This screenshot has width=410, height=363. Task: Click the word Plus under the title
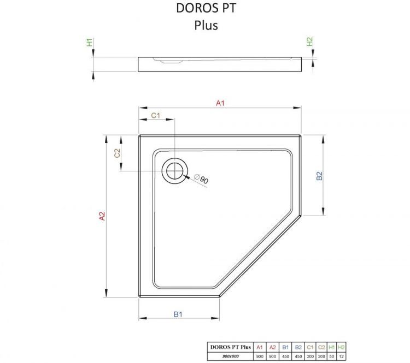pyautogui.click(x=206, y=25)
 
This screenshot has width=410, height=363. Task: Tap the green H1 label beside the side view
pyautogui.click(x=89, y=42)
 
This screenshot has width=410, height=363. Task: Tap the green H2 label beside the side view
pyautogui.click(x=309, y=41)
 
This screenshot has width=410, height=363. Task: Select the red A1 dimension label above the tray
pyautogui.click(x=220, y=103)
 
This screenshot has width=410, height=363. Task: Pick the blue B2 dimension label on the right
pyautogui.click(x=320, y=176)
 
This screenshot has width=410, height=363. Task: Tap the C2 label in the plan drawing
pyautogui.click(x=117, y=153)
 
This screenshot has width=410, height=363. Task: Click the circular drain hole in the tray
pyautogui.click(x=174, y=171)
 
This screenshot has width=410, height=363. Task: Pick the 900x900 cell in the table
pyautogui.click(x=229, y=356)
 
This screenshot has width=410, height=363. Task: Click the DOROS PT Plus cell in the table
pyautogui.click(x=229, y=347)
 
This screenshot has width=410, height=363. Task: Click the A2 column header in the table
pyautogui.click(x=273, y=347)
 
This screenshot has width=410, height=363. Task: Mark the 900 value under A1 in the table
pyautogui.click(x=260, y=356)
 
